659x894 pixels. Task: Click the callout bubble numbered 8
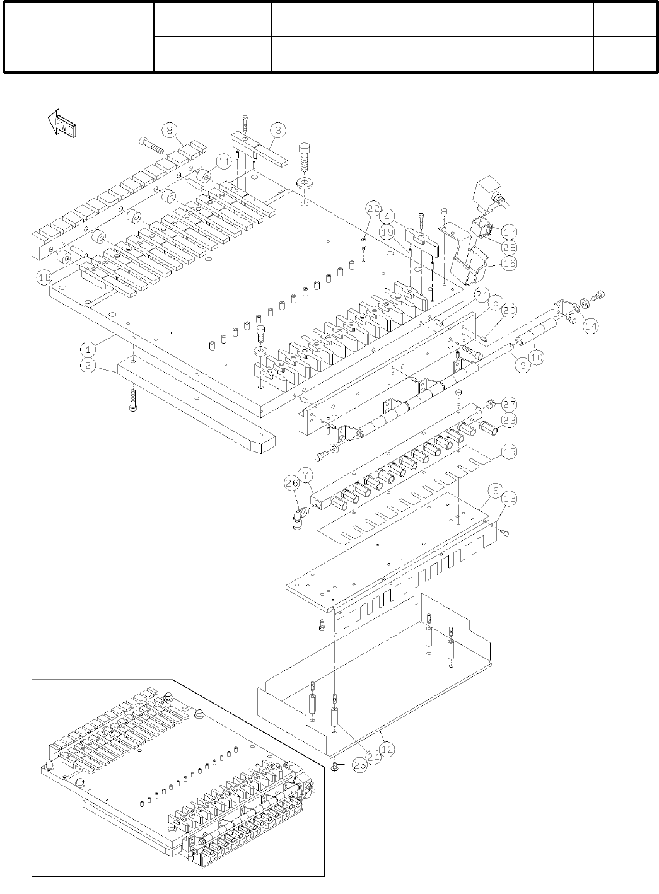[x=168, y=131]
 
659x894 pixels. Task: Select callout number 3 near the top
[x=278, y=131]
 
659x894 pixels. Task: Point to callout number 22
[x=373, y=208]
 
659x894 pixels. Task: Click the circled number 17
[x=509, y=231]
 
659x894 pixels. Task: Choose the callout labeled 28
[x=509, y=247]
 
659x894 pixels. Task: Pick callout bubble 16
[x=509, y=264]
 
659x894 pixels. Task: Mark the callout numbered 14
[x=591, y=326]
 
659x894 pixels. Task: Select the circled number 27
[x=509, y=405]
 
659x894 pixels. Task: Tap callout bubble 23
[x=509, y=420]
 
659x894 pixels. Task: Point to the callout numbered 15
[x=509, y=452]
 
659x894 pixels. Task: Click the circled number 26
[x=291, y=484]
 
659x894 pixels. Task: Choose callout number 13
[x=509, y=499]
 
